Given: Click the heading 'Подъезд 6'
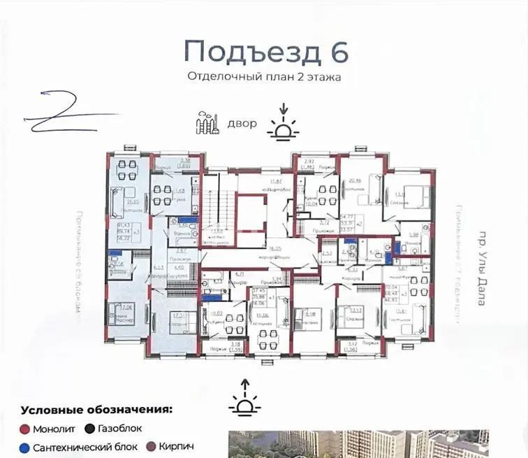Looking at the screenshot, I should point(265,51).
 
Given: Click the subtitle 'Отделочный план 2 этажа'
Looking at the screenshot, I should point(264,78).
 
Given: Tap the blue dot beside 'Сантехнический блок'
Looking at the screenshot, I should point(26,446).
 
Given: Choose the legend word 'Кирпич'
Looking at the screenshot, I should point(175,446).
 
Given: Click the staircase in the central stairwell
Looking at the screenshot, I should point(214,210).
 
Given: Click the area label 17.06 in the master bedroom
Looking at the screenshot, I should point(127,306).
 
